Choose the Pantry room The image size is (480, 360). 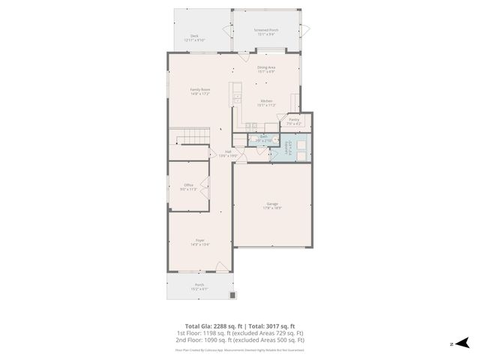(x=293, y=120)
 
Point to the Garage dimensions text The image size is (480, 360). (x=271, y=208)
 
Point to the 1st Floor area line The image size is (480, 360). (x=240, y=333)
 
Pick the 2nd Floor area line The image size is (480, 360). (x=240, y=340)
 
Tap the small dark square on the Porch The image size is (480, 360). (x=233, y=294)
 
